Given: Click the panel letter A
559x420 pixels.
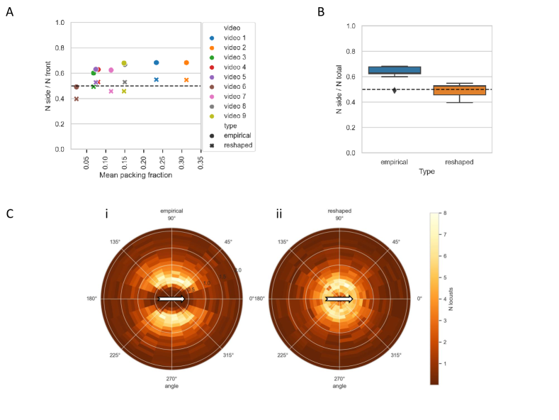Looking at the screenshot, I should tap(9, 13).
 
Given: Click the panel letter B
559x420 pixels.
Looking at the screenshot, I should tap(321, 12).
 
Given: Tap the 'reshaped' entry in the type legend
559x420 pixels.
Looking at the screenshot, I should tap(237, 145).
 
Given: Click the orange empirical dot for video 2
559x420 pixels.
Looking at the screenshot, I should tap(186, 63).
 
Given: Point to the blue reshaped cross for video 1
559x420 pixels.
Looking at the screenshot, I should tap(157, 79).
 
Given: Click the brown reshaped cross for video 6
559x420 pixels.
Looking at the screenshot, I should tap(77, 99).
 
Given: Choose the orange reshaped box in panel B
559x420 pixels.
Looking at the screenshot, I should tap(459, 89).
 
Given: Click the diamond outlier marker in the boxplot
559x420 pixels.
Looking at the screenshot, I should tap(395, 90).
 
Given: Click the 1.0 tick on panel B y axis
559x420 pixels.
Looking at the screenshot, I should tap(350, 26).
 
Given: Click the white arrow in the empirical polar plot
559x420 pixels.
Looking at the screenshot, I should tap(172, 299).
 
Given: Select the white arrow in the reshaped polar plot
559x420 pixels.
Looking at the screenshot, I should tap(339, 299).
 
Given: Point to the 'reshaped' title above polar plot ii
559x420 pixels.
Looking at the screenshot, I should tap(339, 211).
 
